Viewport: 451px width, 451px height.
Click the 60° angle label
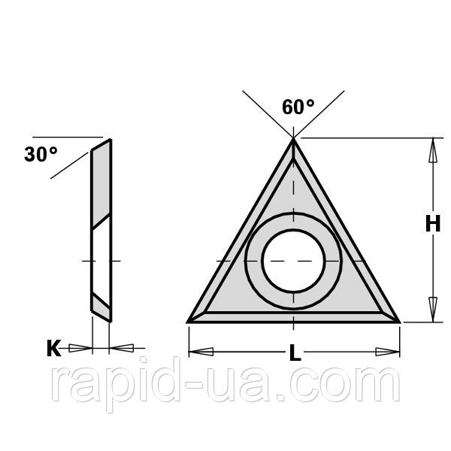pos(298,107)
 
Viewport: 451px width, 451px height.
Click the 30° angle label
pos(41,154)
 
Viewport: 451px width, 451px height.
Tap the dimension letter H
pos(433,224)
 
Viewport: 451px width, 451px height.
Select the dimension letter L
pos(295,353)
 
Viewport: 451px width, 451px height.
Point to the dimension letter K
pos(54,348)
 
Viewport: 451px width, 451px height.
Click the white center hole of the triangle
pos(293,261)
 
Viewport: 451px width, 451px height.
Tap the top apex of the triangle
pos(293,138)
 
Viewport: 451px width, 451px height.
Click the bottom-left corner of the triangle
pos(187,322)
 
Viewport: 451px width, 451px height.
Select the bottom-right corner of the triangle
pos(400,322)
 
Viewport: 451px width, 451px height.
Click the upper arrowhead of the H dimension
pos(433,150)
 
